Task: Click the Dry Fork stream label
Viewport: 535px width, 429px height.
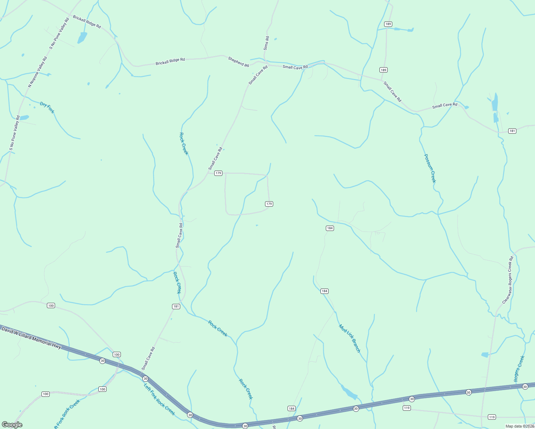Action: (x=47, y=108)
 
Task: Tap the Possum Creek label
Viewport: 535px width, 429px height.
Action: (x=430, y=168)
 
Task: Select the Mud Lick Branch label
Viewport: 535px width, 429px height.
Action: (x=350, y=339)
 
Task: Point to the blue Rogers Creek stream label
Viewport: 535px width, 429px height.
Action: (x=519, y=369)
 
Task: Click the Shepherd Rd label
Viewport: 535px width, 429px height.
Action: (x=239, y=62)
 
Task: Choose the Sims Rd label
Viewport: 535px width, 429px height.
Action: (x=266, y=43)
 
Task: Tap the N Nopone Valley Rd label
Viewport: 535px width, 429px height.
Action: (x=38, y=72)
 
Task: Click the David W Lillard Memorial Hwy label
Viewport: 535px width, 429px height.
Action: (x=31, y=337)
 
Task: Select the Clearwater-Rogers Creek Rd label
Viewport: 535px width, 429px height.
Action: (x=508, y=280)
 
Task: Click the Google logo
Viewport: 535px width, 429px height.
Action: (x=12, y=424)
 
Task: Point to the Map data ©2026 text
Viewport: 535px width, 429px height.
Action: (x=519, y=426)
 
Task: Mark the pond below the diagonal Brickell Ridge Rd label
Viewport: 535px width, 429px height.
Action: (x=82, y=38)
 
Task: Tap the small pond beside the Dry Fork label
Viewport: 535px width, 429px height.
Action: (x=24, y=118)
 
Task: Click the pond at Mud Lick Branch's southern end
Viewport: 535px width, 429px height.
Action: (x=349, y=392)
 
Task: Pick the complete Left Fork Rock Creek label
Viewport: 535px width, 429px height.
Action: (x=159, y=399)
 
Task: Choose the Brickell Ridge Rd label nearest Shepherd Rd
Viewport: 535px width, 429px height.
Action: (x=170, y=61)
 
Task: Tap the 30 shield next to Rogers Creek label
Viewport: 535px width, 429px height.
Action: (x=525, y=386)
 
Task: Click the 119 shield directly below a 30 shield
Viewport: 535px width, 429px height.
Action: (x=407, y=408)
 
